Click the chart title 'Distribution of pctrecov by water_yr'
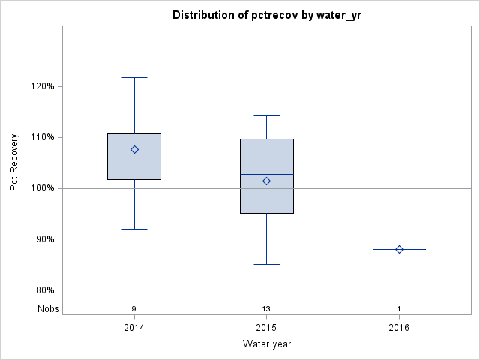(266, 15)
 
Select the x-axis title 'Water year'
(266, 343)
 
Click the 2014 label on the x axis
(134, 328)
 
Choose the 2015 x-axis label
(266, 328)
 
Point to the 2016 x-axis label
(399, 328)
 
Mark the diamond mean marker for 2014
(134, 149)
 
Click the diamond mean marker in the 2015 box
(266, 181)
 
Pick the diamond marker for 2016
(399, 249)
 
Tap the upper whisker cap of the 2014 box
(134, 77)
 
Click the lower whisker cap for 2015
(266, 264)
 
